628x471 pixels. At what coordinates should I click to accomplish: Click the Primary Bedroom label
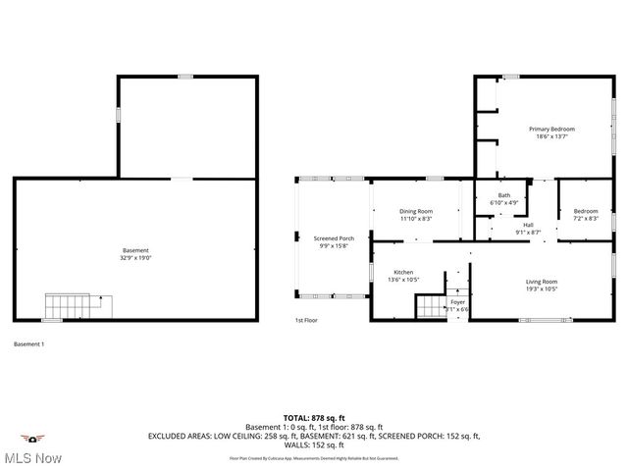point(551,129)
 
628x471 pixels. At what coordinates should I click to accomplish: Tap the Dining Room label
point(416,211)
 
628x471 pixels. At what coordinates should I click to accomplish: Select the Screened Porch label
point(334,237)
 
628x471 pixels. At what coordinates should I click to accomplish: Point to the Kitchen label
point(403,272)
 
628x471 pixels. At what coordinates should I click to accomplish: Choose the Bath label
point(503,195)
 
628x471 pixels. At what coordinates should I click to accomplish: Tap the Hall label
point(528,225)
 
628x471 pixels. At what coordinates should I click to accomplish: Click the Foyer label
point(457,302)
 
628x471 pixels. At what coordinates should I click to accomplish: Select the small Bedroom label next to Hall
point(585,211)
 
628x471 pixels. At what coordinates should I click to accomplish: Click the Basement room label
point(135,250)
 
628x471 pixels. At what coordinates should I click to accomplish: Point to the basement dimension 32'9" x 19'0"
point(135,258)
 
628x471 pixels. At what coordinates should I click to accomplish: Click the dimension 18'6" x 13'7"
point(551,136)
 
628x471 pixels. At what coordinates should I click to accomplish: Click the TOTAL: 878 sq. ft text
point(313,417)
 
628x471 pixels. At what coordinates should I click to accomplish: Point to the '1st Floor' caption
point(307,320)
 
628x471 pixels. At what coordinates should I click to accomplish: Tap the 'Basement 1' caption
point(28,343)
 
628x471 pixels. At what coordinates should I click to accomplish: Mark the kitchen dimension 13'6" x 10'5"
point(403,280)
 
